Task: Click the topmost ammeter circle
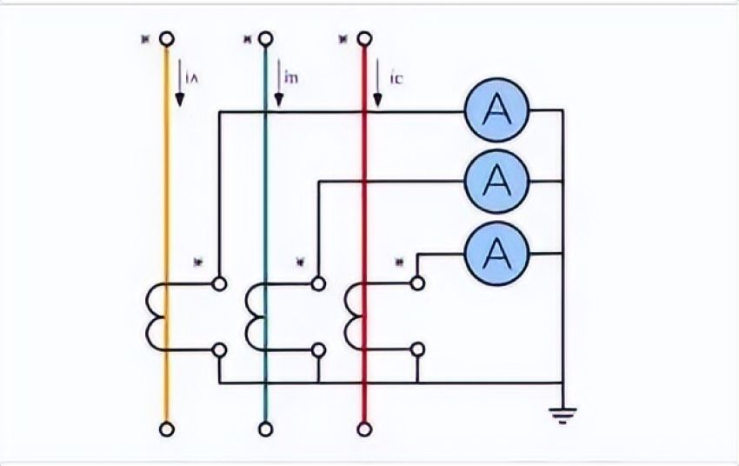[496, 110]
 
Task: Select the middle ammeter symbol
[496, 181]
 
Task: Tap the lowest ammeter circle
[496, 252]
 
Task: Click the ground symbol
[564, 412]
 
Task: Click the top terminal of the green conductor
[266, 38]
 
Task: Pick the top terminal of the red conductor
[364, 38]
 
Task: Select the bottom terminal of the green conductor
[266, 429]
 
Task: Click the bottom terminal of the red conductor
[364, 429]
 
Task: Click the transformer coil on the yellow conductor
[157, 316]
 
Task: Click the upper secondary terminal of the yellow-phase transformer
[220, 283]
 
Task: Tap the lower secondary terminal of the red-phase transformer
[418, 350]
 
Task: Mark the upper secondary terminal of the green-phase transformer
[319, 283]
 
